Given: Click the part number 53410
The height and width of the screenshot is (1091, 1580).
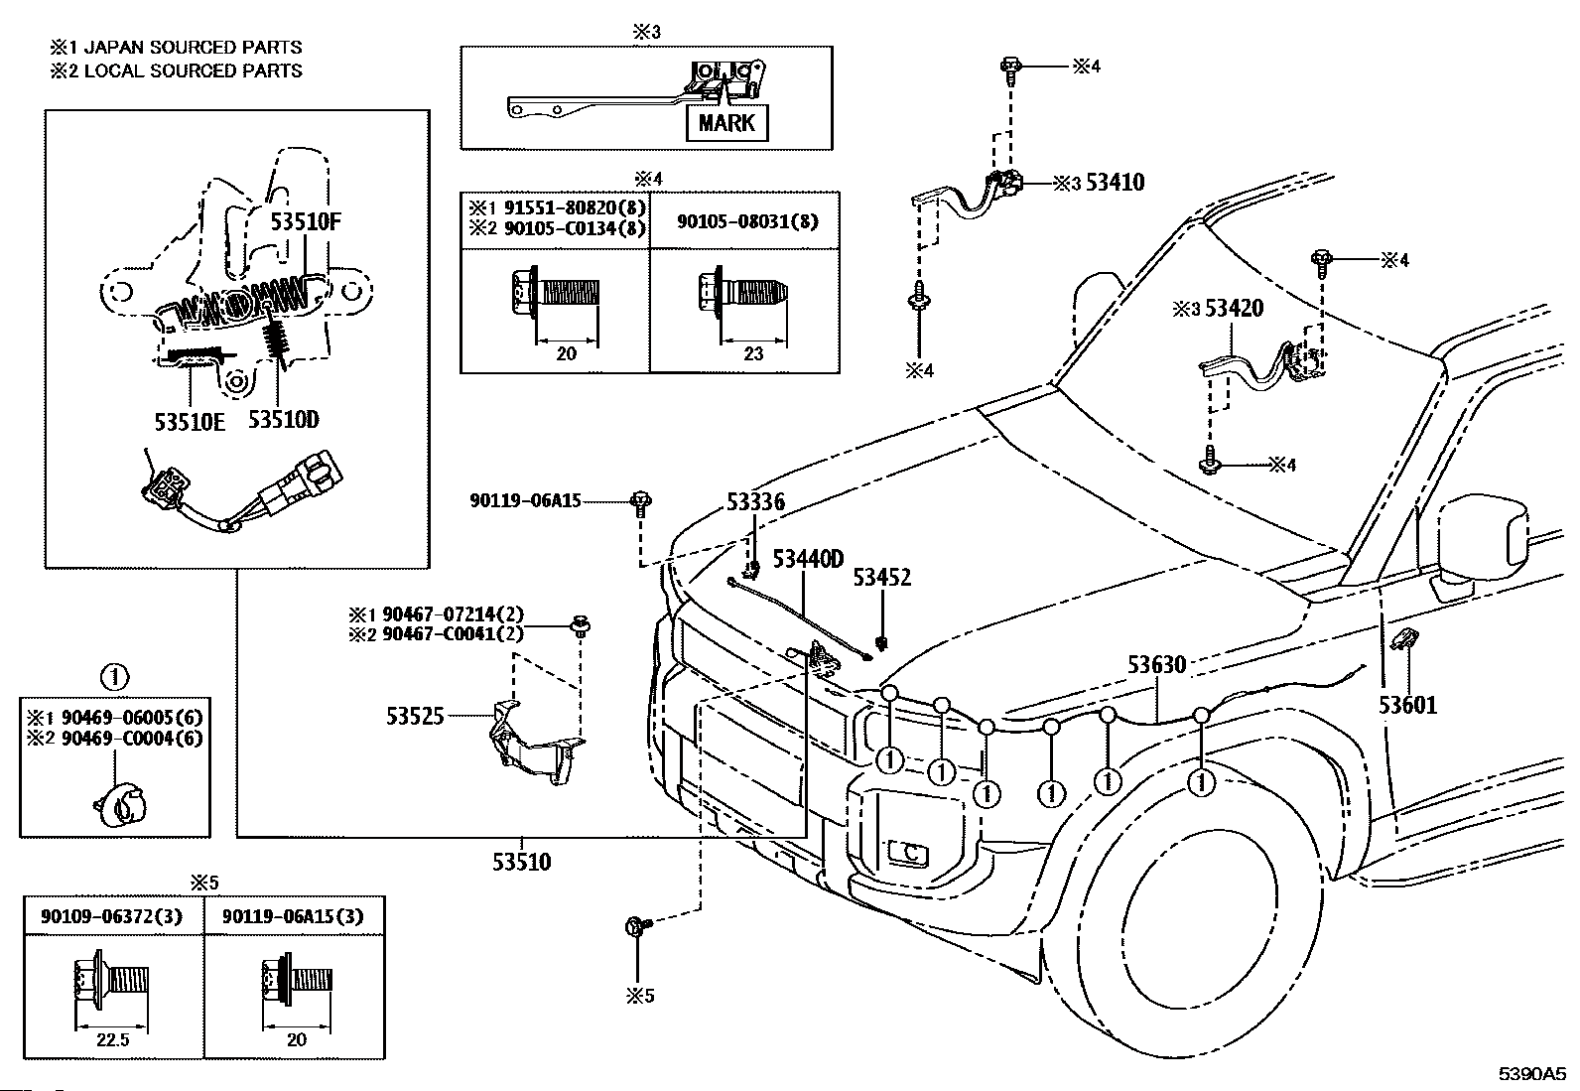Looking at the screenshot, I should (x=1115, y=183).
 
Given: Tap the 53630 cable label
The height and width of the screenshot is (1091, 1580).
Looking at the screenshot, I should (x=1156, y=664).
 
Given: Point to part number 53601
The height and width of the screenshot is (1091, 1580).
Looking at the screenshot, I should (x=1406, y=706).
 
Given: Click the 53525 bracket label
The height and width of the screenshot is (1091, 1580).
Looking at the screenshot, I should (x=415, y=715).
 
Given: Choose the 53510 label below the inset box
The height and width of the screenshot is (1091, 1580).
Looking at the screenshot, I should (x=521, y=861).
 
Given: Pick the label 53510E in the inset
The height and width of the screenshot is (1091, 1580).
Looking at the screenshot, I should (x=190, y=422).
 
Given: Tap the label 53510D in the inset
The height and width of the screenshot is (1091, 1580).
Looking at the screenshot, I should (x=284, y=420).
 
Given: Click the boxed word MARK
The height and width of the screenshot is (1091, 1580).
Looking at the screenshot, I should (x=726, y=123).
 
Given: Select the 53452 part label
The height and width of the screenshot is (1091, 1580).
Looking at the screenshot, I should (x=881, y=578).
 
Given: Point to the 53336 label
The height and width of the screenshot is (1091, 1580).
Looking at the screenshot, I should (x=755, y=502).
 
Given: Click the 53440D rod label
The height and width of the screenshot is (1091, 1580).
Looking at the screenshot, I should (x=808, y=560).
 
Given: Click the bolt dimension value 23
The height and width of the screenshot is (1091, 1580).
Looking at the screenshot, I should (x=753, y=353).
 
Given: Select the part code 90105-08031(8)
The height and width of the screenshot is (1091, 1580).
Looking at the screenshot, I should (x=747, y=221).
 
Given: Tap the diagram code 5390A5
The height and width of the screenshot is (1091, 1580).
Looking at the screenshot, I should (x=1531, y=1074).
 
